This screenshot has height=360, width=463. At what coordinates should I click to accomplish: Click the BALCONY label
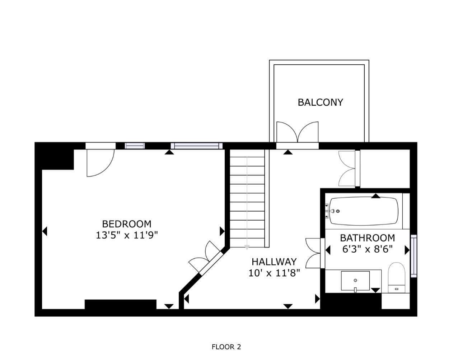pos(320,102)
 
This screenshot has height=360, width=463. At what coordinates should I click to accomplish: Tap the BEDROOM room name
pos(127,224)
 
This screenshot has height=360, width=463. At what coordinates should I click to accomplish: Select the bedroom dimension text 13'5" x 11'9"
pos(127,235)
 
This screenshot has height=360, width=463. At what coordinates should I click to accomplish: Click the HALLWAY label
pos(274,262)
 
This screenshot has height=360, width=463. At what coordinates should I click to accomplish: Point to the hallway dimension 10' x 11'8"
pos(274,273)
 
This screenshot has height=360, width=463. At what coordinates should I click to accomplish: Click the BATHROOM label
pos(367,238)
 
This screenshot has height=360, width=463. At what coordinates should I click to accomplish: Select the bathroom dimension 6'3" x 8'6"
pos(367,249)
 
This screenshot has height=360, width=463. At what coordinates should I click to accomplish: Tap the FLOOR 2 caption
pos(226,347)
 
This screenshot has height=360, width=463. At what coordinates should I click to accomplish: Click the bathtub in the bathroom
pos(364,211)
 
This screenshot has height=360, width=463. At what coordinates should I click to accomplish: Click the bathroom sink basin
pos(355,281)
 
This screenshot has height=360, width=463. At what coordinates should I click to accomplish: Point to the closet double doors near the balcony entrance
pos(347,169)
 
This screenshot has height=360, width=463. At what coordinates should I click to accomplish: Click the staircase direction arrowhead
pos(247,247)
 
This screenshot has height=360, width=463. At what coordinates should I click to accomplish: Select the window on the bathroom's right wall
pos(414,255)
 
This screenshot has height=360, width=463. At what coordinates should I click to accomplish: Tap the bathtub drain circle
pos(338,211)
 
